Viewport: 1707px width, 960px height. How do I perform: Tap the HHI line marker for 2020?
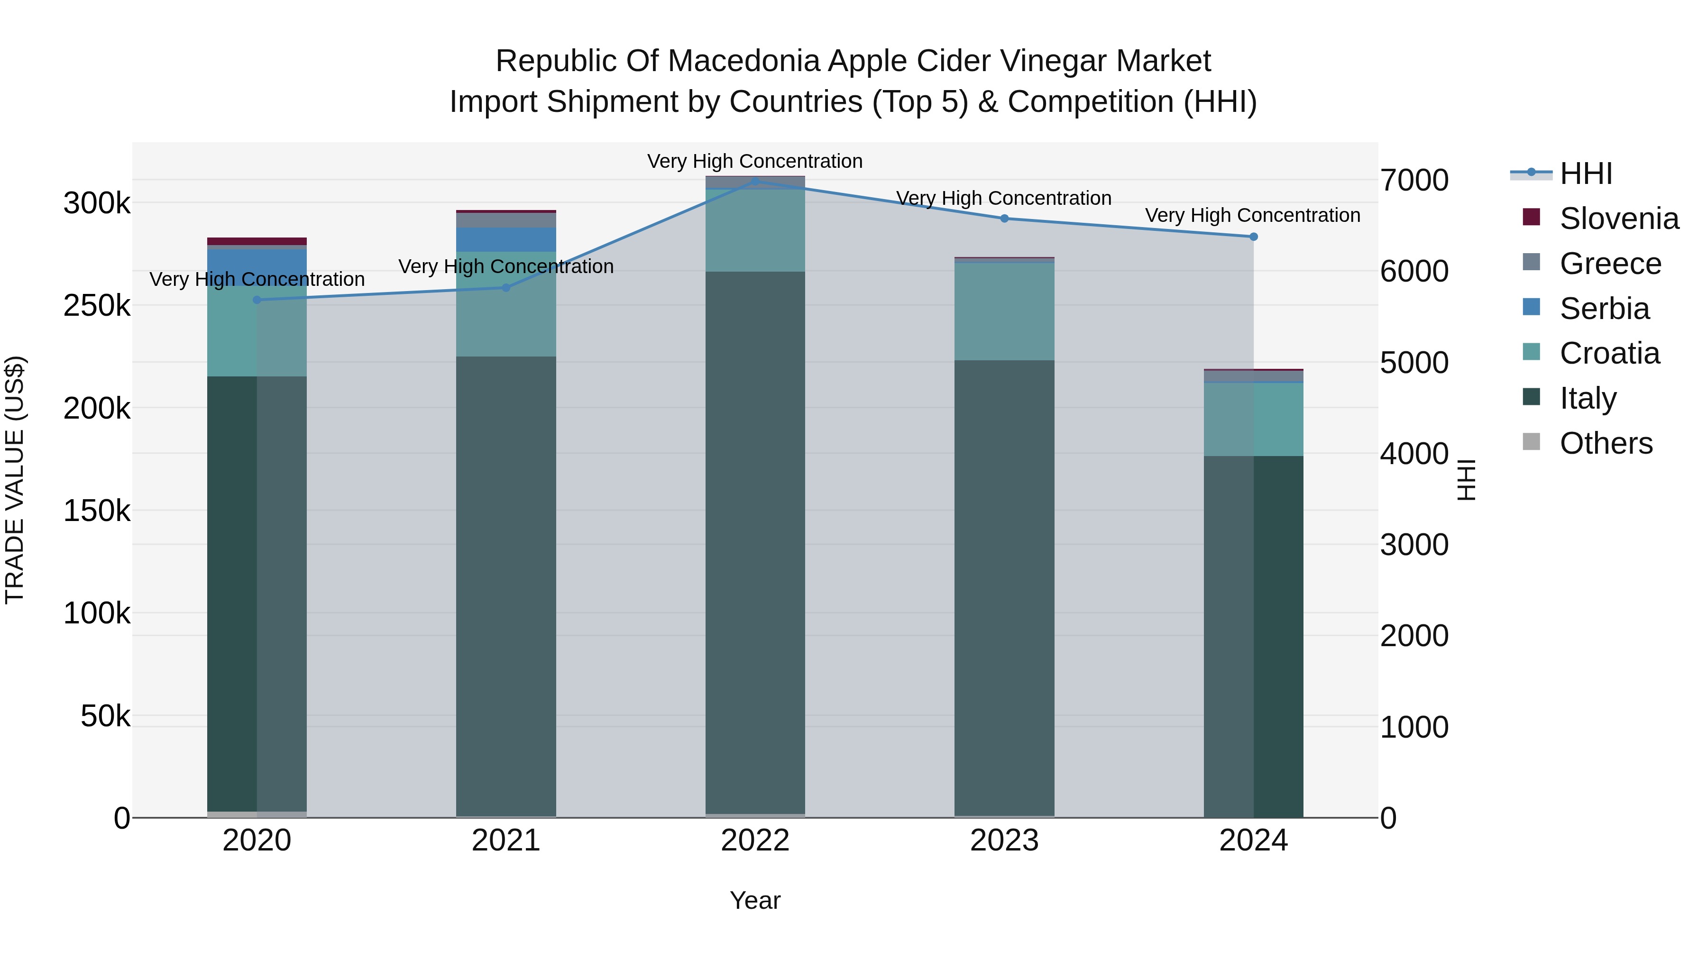[257, 300]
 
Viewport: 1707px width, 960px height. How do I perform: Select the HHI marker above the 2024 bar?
[1253, 237]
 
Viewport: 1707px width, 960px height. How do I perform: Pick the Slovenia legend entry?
[1618, 219]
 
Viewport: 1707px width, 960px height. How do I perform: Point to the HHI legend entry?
[1585, 174]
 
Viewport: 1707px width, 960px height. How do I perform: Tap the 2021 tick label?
[505, 841]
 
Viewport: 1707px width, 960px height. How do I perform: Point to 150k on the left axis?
[97, 511]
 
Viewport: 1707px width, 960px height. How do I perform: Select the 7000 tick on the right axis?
[1414, 180]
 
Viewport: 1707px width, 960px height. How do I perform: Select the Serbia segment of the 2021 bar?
[505, 239]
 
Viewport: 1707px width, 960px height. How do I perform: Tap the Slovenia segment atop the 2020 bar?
[257, 241]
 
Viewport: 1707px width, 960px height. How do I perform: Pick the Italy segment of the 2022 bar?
[755, 543]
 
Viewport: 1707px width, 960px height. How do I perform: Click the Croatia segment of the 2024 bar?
[1253, 420]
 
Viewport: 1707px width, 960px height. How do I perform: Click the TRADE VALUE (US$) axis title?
[15, 480]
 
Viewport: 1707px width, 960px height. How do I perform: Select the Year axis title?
[755, 900]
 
